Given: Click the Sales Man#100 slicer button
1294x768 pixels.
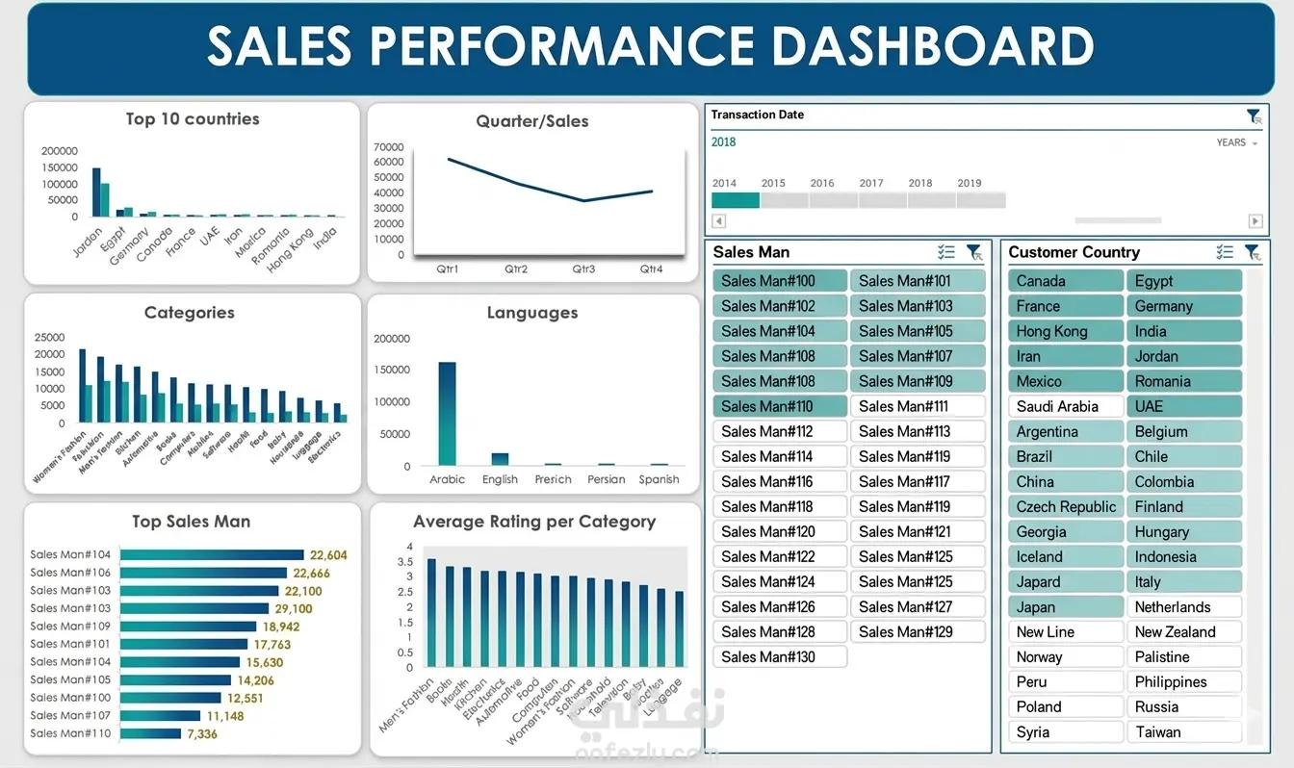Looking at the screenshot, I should [x=780, y=281].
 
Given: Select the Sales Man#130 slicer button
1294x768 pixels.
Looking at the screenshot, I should [x=780, y=656].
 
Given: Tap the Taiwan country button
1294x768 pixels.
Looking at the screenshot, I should [x=1184, y=731].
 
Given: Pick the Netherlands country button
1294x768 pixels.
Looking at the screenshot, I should [x=1184, y=606].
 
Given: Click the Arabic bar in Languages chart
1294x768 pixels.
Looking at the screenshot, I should [x=447, y=414].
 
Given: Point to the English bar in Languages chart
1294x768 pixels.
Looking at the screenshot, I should [x=500, y=459].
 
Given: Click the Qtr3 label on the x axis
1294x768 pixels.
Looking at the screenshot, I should [x=583, y=269].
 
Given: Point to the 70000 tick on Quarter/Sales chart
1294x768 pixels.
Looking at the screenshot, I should [x=389, y=147].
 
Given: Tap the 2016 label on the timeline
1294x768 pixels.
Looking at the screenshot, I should [x=822, y=183].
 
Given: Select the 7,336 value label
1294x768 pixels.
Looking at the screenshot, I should [x=202, y=733].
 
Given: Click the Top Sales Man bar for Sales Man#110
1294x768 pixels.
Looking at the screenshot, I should [x=150, y=733].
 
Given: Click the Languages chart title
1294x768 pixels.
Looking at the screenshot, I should [x=532, y=313].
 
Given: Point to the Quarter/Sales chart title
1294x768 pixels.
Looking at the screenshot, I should [x=532, y=121].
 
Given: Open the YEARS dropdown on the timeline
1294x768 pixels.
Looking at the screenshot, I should [x=1237, y=142].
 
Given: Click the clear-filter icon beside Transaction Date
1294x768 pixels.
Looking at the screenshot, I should [x=1253, y=116].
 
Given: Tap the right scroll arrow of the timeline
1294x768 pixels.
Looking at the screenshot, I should [x=1255, y=221].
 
